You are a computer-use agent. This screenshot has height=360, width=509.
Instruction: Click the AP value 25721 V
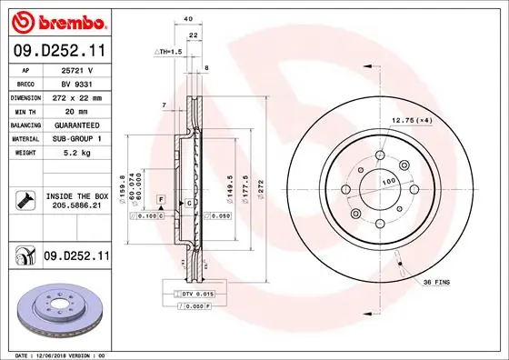[76, 69]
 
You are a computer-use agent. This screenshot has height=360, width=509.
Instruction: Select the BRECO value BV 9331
[76, 82]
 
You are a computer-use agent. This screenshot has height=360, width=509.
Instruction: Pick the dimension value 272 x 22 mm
[76, 95]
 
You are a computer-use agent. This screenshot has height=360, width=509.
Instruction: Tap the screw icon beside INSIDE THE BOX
[24, 200]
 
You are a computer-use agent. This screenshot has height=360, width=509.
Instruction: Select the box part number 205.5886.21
[76, 206]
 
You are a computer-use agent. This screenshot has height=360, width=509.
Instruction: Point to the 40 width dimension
[188, 18]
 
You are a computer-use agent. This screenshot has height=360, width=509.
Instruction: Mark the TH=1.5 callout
[168, 53]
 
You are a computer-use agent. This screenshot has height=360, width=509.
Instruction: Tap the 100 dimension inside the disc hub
[390, 183]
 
